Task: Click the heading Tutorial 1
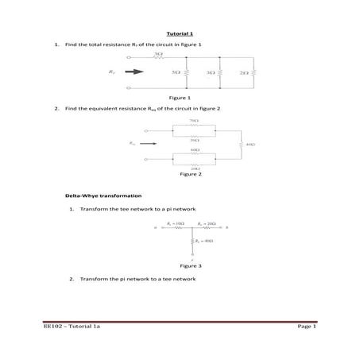click(179, 34)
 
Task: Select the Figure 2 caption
click(191, 174)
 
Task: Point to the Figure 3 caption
click(191, 265)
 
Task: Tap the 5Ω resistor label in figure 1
click(175, 72)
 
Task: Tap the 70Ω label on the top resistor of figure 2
click(194, 121)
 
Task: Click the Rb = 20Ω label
click(207, 225)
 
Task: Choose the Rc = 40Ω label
click(206, 241)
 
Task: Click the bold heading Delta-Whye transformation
click(103, 195)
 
